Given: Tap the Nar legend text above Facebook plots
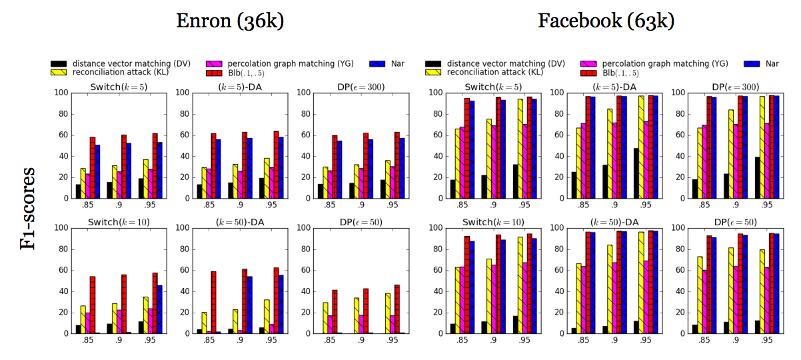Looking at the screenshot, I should pos(772,63).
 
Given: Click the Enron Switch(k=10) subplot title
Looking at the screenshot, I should pos(119,221).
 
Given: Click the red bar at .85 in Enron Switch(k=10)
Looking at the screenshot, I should pos(93,305).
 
